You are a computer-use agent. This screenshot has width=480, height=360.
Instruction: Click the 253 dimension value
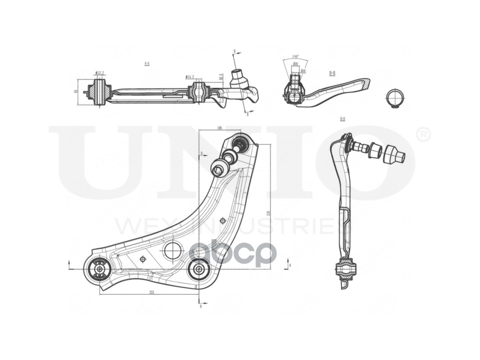tap(152, 292)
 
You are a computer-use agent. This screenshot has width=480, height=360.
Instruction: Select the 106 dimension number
tap(219, 128)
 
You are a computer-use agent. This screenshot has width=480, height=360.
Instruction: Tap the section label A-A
tap(147, 64)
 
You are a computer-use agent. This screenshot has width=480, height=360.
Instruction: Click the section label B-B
tap(332, 73)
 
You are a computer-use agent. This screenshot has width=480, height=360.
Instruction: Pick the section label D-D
tap(343, 119)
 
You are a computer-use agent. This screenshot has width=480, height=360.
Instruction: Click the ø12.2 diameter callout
tap(100, 73)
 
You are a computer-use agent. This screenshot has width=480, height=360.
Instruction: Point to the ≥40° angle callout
tap(295, 57)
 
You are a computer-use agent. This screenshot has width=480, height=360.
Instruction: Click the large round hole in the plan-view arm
tap(173, 251)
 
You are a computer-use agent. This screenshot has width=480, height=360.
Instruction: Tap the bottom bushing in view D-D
tap(346, 269)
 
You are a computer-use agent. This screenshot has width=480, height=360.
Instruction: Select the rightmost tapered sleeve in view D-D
tap(395, 154)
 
